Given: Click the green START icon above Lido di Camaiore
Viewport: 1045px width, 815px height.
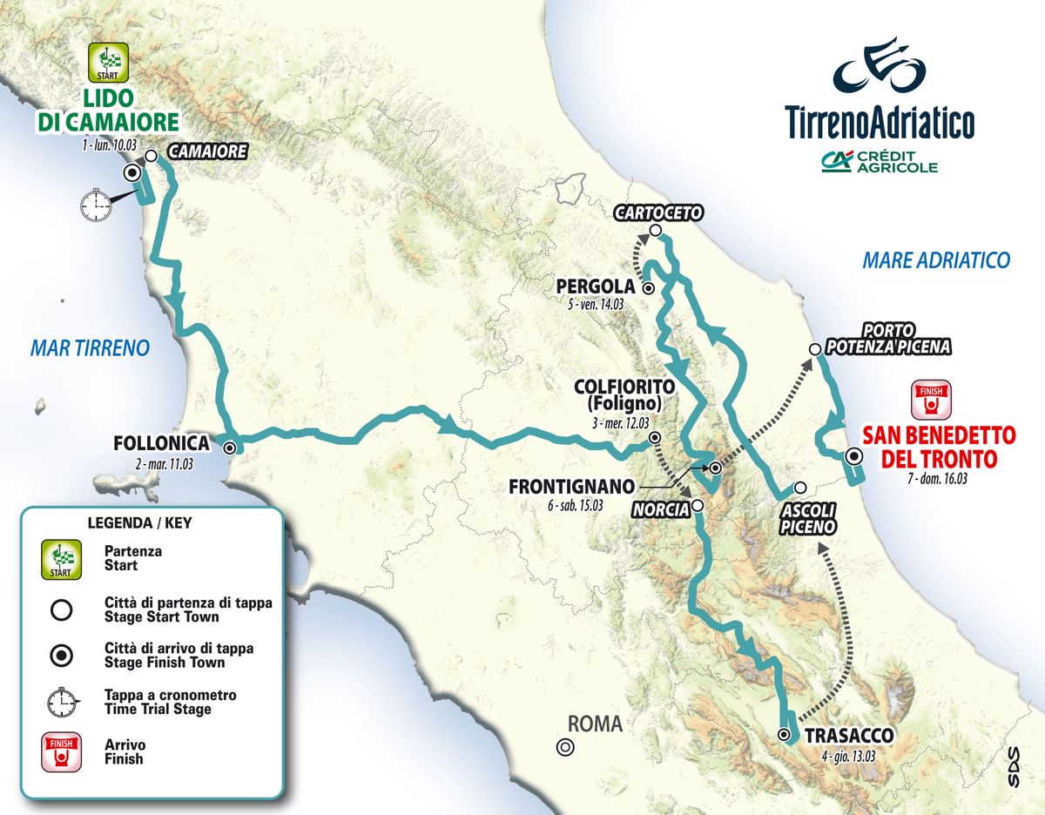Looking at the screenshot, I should (x=109, y=62).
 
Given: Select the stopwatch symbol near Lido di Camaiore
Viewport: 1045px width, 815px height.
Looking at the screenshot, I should (x=96, y=205).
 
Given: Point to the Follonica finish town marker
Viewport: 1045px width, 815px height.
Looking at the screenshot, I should (x=230, y=448).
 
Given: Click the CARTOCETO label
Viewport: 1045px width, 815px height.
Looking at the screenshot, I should (x=657, y=212).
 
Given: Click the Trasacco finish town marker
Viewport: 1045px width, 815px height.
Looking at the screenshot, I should (x=785, y=736).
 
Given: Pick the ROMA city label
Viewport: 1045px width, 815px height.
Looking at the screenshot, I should (x=596, y=724).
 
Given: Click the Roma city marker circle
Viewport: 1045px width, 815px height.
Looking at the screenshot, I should (x=565, y=746).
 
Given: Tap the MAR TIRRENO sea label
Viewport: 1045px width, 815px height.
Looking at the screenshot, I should (x=90, y=348).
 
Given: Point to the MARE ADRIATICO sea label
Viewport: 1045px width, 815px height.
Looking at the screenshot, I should (x=935, y=259).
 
